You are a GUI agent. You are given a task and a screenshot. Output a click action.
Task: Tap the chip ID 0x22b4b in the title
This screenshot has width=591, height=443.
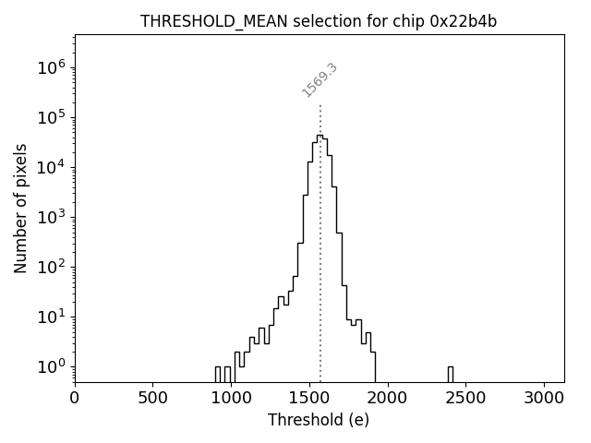tap(464, 21)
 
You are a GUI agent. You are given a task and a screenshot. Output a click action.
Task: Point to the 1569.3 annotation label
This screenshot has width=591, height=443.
tap(320, 80)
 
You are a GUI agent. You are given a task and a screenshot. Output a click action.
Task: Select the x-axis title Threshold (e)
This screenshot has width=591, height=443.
tap(319, 420)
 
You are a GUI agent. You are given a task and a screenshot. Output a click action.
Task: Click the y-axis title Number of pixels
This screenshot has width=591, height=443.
tap(20, 208)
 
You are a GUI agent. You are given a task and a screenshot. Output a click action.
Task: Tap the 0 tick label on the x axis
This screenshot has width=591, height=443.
tap(75, 399)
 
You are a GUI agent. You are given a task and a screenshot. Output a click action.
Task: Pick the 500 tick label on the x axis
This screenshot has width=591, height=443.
tap(152, 399)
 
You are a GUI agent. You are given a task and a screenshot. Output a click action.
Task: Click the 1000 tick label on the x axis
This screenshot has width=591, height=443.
tap(231, 399)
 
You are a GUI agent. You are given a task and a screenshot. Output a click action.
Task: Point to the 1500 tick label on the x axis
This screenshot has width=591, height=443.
tap(309, 399)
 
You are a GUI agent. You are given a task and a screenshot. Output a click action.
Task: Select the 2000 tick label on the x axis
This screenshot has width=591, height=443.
tap(388, 399)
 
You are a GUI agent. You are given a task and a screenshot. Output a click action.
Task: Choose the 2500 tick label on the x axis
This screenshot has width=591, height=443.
tap(466, 399)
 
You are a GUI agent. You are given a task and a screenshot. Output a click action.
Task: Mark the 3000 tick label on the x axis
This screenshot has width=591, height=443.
tap(545, 399)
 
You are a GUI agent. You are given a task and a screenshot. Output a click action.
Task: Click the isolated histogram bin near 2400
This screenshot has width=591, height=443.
tap(450, 374)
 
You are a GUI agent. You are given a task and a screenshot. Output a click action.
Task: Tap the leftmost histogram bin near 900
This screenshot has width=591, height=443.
tap(218, 374)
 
